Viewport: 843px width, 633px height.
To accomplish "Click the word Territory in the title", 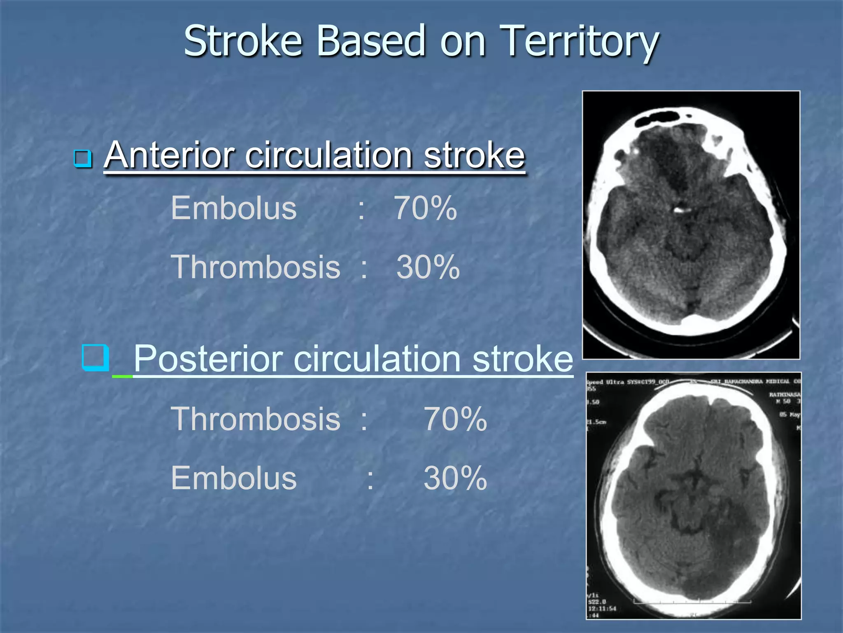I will click(580, 41).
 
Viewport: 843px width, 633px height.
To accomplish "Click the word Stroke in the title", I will click(243, 41).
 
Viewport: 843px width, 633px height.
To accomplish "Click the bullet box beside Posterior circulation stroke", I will click(95, 358).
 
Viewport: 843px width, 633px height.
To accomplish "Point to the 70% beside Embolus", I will click(425, 209).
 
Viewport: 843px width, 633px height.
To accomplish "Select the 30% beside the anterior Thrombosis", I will click(428, 267).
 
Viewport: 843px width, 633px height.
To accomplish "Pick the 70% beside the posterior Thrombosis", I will click(455, 419).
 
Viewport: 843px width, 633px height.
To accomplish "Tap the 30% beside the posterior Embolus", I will click(455, 478).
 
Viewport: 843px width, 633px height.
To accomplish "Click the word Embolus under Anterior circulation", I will click(233, 209).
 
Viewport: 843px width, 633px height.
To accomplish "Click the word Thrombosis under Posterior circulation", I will click(256, 419).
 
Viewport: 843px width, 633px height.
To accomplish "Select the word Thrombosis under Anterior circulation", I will click(256, 267).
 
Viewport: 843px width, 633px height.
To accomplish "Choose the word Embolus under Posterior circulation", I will click(233, 478).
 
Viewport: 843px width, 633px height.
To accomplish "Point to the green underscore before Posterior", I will click(122, 376).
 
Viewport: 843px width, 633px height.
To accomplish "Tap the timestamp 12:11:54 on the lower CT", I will click(602, 608).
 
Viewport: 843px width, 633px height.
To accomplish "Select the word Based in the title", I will click(370, 41).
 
